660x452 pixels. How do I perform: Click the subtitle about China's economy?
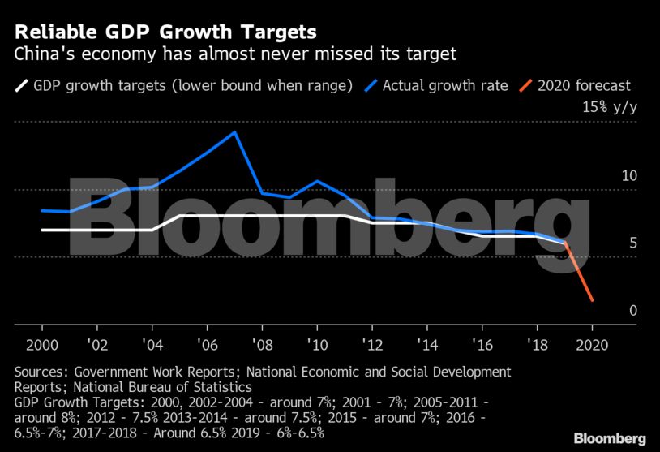[236, 55]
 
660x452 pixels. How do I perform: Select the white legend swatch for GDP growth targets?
[20, 85]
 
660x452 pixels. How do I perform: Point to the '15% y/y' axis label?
[609, 108]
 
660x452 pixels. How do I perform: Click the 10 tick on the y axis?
[628, 176]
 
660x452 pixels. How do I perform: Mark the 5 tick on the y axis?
[632, 243]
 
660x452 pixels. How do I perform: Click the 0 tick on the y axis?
[632, 311]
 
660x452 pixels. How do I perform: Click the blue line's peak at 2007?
[234, 131]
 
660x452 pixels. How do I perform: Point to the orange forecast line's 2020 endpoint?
[592, 301]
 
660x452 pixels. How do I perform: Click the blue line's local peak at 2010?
[317, 181]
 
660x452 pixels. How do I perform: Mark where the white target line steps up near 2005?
[178, 216]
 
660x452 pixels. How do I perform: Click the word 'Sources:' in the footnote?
[41, 372]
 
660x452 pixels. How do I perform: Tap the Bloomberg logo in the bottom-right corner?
[610, 438]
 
